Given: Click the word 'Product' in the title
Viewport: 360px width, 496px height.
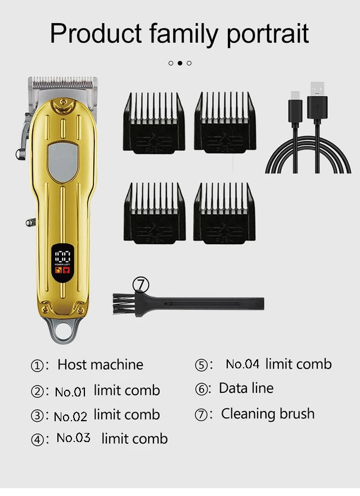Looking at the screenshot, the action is (96, 34).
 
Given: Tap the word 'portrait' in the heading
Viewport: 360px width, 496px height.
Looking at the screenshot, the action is (268, 34).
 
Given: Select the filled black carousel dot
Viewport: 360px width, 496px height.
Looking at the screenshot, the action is (180, 63).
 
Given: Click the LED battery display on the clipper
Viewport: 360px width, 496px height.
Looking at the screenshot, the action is (62, 263).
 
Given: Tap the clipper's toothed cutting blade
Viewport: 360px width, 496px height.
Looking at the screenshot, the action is (63, 83).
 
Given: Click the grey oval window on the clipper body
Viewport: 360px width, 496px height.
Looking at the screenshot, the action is (63, 162).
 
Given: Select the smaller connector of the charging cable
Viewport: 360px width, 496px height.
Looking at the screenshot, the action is (295, 107).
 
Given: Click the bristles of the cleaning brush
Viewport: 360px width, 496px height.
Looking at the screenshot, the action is (123, 304).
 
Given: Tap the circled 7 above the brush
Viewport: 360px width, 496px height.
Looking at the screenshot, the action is (141, 285).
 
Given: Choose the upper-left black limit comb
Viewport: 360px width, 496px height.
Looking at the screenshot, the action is (154, 123).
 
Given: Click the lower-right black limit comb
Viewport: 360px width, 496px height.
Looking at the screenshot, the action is (224, 213).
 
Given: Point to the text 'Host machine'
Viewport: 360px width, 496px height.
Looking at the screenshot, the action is (100, 364).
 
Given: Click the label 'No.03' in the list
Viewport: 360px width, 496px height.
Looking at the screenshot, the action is (73, 438).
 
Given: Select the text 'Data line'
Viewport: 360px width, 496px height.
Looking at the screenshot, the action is (246, 388).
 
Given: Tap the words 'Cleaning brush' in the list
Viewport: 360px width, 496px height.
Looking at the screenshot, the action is (268, 414).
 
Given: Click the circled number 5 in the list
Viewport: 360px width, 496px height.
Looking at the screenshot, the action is (201, 365).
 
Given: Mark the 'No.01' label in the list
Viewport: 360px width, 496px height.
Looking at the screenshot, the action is (70, 392).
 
